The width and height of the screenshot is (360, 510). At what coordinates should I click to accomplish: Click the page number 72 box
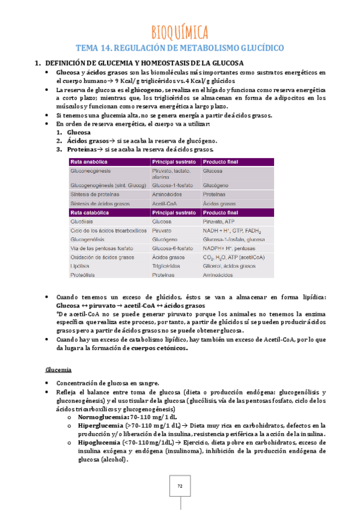tap(180, 485)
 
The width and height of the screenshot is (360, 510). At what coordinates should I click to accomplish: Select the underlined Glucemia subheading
tap(59, 369)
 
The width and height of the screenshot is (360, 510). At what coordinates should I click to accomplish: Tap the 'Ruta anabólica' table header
tap(89, 162)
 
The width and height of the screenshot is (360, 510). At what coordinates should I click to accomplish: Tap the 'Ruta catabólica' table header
tap(90, 213)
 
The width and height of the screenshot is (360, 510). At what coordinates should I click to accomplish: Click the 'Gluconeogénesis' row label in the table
tap(91, 171)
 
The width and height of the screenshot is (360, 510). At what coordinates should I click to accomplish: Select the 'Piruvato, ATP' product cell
tap(219, 222)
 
